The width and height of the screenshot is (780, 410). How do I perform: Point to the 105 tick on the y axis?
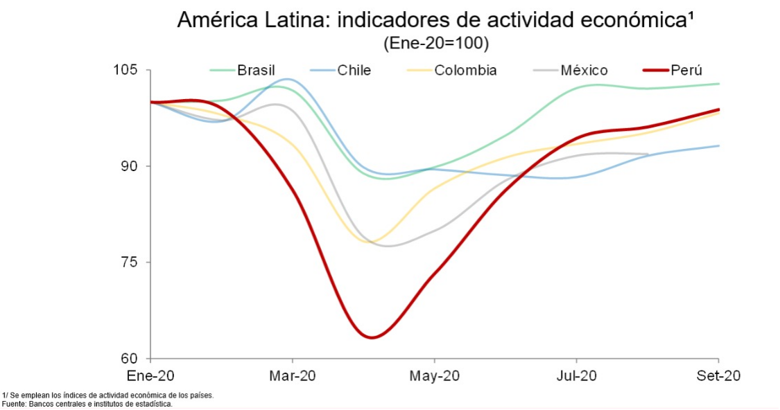pyautogui.click(x=126, y=71)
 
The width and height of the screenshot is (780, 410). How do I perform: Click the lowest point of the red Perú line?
pyautogui.click(x=372, y=337)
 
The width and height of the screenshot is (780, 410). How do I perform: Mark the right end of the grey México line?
pyautogui.click(x=648, y=154)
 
